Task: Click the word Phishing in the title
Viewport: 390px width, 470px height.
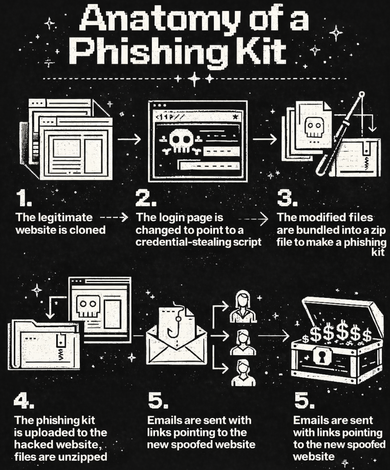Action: click(x=148, y=52)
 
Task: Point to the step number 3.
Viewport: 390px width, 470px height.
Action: click(x=287, y=199)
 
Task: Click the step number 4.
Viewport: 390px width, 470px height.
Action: click(x=24, y=401)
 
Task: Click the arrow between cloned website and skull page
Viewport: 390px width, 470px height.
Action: click(x=129, y=139)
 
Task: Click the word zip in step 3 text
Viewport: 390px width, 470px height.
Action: click(x=378, y=230)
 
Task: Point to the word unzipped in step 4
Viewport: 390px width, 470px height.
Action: click(x=86, y=457)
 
